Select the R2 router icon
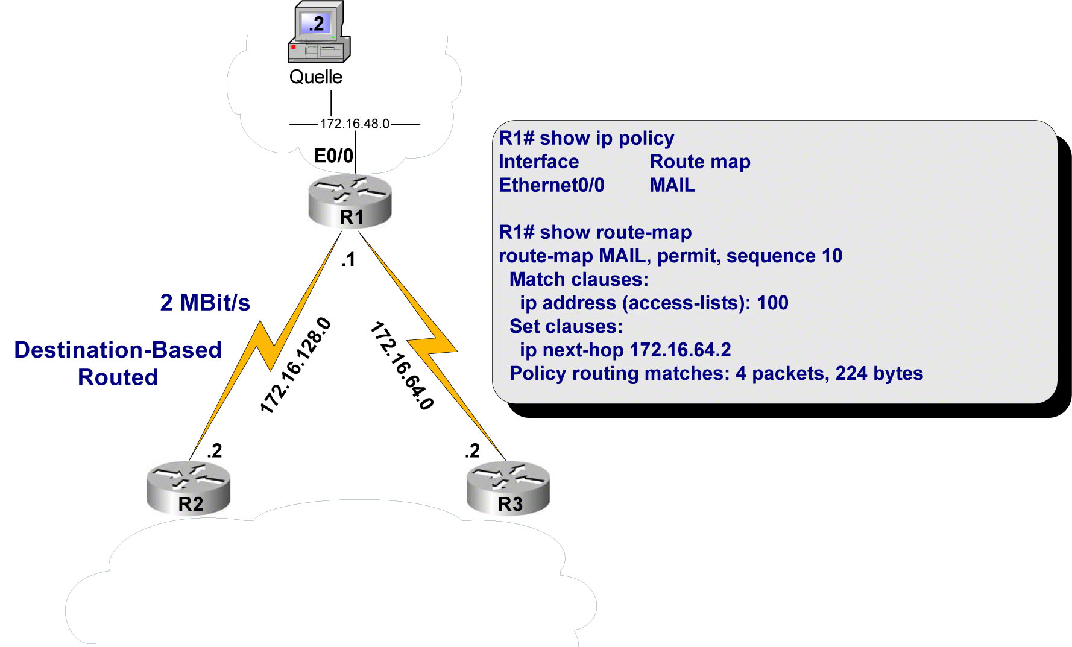click(189, 488)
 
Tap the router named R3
click(508, 488)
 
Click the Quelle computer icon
click(318, 33)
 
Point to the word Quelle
click(315, 77)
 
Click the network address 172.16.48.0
click(355, 124)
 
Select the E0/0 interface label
click(333, 156)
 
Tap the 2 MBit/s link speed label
click(205, 303)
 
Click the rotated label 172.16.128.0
click(295, 365)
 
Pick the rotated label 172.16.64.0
click(402, 365)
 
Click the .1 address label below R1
click(348, 260)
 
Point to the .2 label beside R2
click(214, 450)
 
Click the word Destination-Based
click(118, 350)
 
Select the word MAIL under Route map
click(672, 185)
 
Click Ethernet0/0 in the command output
click(551, 185)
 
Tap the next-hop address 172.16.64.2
click(679, 350)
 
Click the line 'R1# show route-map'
click(595, 232)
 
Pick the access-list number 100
click(772, 303)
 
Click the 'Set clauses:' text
click(566, 326)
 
